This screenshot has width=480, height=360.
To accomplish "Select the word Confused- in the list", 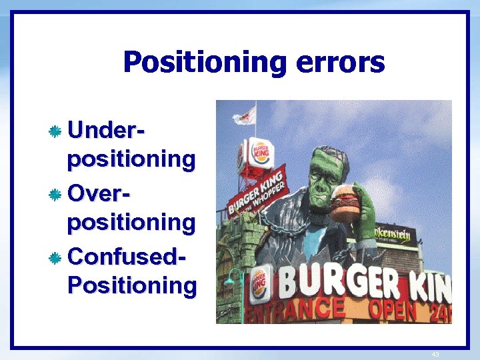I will [127, 256].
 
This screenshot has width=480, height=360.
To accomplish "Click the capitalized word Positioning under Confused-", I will [132, 285].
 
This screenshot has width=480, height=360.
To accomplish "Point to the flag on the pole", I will [245, 116].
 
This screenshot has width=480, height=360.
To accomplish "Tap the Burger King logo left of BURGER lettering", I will [260, 283].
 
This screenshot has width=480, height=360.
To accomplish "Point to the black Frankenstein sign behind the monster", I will [395, 235].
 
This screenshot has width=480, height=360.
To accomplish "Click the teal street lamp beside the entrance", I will [233, 283].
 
